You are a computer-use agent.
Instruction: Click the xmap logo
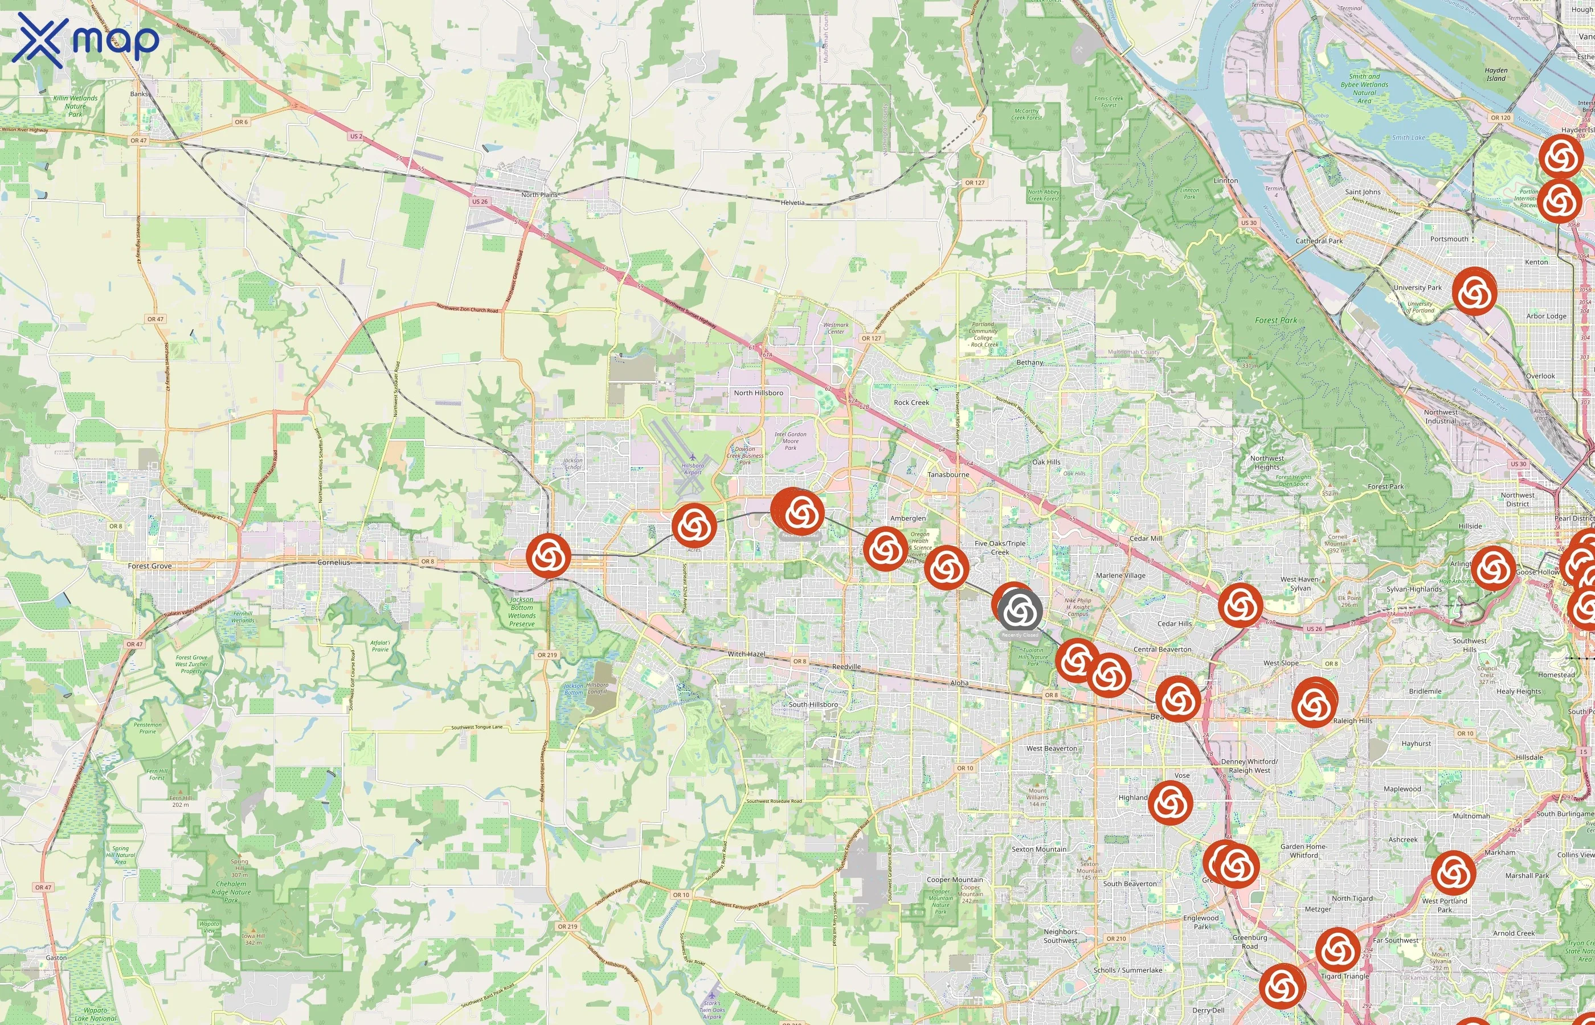pos(85,40)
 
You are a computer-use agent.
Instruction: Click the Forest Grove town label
pos(150,566)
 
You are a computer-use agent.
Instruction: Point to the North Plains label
pos(539,195)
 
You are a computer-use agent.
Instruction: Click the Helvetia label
pos(792,203)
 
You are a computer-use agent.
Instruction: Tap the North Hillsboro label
pos(758,393)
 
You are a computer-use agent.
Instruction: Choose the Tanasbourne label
pos(948,474)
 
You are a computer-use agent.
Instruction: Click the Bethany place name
pos(1030,363)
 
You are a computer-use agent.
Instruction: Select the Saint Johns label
pos(1363,192)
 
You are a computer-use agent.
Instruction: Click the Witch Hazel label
pos(746,654)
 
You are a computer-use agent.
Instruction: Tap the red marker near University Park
pos(1474,292)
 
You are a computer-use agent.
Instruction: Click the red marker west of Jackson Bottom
pos(549,555)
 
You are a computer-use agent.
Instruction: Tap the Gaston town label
pos(56,958)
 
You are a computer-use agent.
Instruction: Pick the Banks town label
pos(138,94)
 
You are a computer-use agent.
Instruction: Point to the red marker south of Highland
pos(1170,803)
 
